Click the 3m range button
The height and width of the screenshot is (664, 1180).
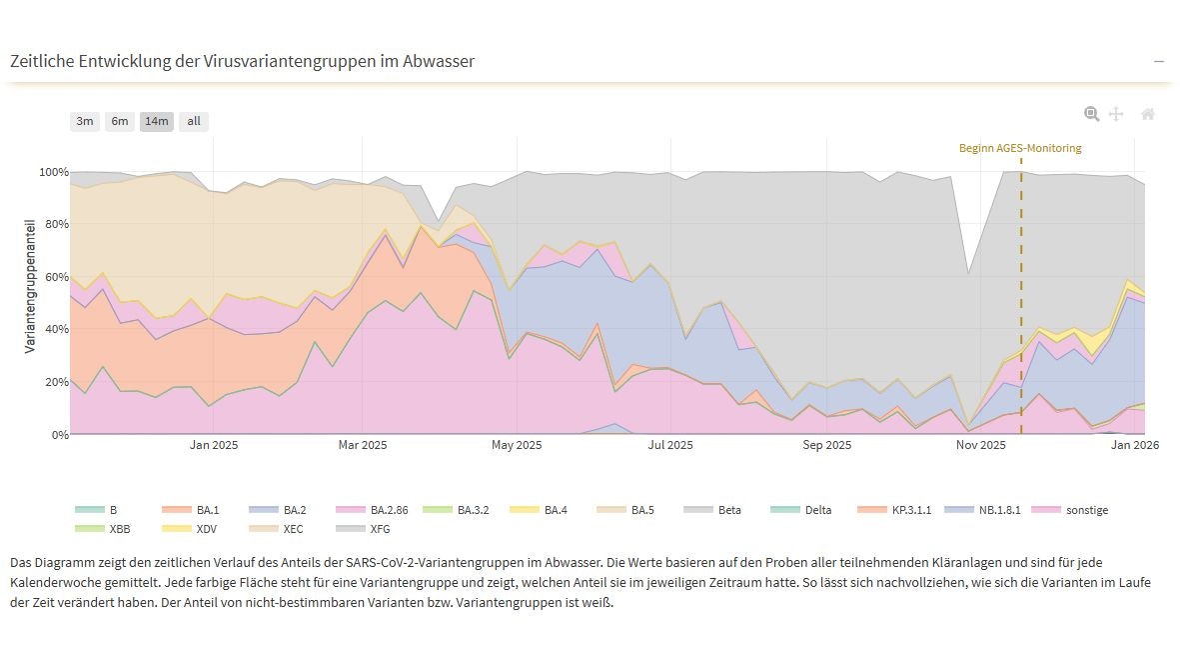(85, 121)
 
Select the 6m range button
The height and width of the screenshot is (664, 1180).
(120, 121)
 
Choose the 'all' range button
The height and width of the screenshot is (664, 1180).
(194, 121)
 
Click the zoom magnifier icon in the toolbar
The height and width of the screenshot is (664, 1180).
(1092, 114)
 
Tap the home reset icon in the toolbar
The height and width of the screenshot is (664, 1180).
(1148, 114)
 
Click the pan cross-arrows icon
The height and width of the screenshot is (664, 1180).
(1117, 114)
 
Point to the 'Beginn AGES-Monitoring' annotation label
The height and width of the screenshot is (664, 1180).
(1019, 148)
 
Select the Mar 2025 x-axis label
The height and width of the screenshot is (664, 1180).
(362, 445)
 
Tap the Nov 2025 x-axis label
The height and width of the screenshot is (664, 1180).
(980, 445)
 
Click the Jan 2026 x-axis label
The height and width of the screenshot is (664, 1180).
(1134, 445)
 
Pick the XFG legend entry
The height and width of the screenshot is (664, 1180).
(380, 528)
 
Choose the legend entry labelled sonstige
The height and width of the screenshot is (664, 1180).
(1086, 510)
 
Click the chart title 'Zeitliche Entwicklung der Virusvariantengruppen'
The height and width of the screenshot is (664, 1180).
(242, 61)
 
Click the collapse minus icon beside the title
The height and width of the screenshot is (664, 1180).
(1159, 61)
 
